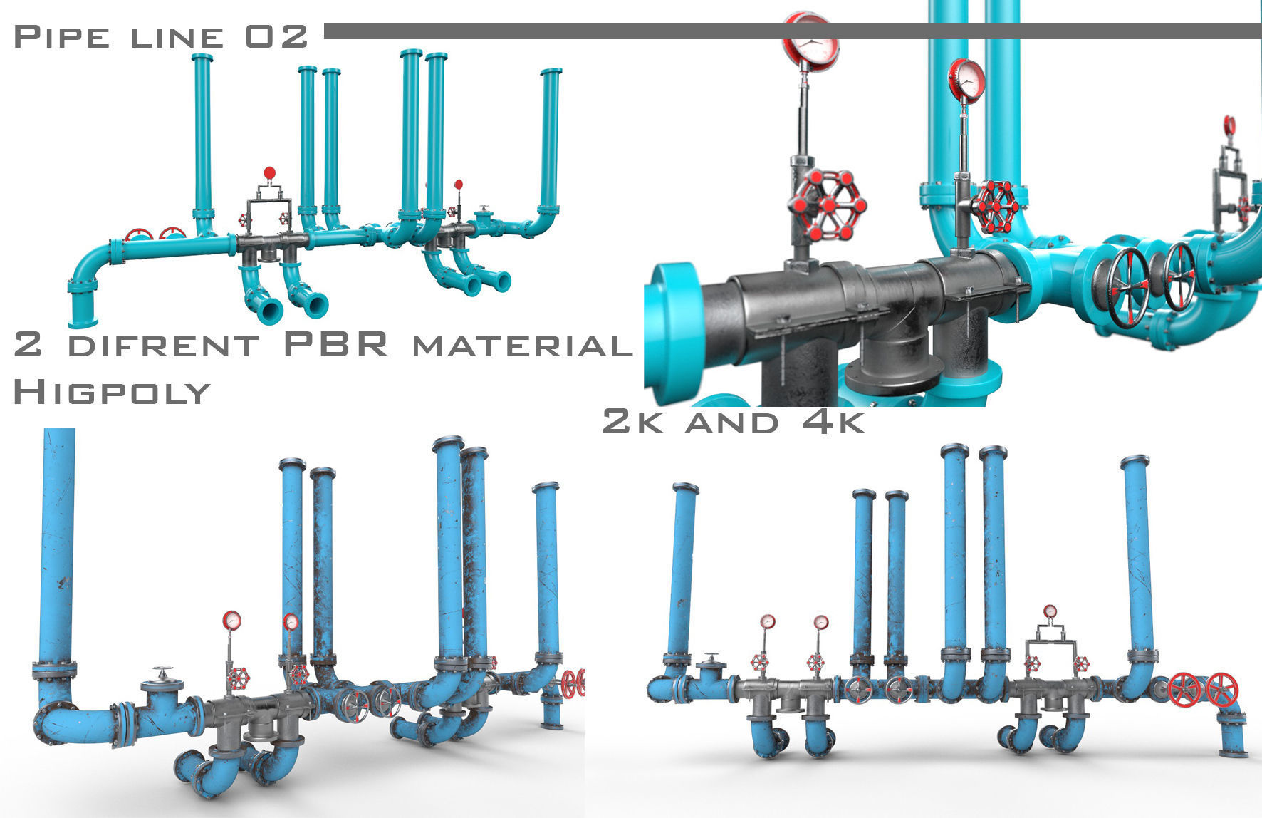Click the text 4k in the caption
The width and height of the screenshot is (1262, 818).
click(x=833, y=421)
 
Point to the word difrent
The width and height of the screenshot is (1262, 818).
click(x=163, y=346)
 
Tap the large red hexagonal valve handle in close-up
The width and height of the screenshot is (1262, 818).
click(x=827, y=205)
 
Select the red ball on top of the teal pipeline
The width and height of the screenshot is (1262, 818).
click(x=269, y=172)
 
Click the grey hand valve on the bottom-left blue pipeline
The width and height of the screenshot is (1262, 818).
click(x=163, y=672)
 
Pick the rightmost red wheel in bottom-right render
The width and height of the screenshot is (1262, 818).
click(x=1222, y=689)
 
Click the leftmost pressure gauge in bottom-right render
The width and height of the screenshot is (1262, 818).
click(x=767, y=621)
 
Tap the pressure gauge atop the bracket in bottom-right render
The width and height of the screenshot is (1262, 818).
click(x=1050, y=611)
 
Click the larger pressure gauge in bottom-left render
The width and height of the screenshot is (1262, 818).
click(x=231, y=620)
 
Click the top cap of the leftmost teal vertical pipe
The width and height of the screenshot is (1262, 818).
click(x=202, y=56)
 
